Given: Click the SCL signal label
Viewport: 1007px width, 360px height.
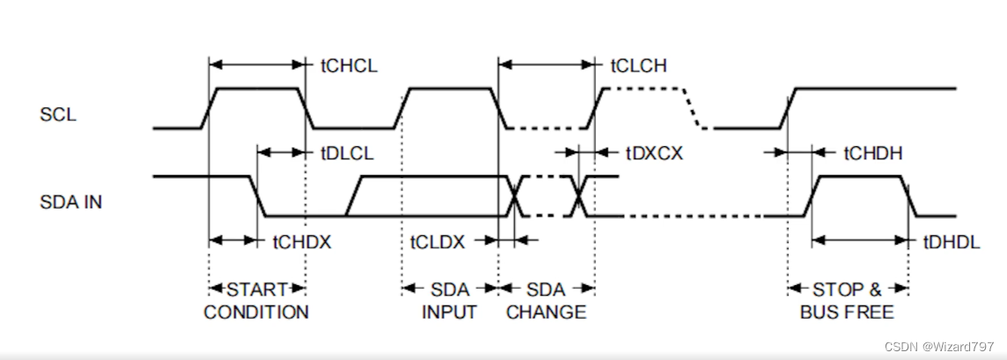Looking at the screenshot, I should [57, 114].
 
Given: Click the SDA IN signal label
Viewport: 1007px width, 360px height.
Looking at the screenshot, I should [71, 202].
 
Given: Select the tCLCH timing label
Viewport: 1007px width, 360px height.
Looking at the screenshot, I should [638, 65].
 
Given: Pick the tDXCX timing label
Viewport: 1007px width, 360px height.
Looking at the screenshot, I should [654, 152].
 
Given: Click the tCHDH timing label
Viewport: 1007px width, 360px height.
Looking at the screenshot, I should [873, 152].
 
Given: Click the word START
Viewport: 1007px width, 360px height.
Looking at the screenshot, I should [257, 289].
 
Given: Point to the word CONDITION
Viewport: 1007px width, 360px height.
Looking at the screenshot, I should [256, 312].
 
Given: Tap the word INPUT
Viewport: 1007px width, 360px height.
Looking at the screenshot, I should [449, 312].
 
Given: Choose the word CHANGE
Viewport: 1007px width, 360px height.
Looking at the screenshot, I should [546, 312].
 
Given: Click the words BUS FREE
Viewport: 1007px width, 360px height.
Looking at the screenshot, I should [847, 312].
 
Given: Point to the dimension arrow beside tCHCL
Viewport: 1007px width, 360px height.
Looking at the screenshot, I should [257, 65].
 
